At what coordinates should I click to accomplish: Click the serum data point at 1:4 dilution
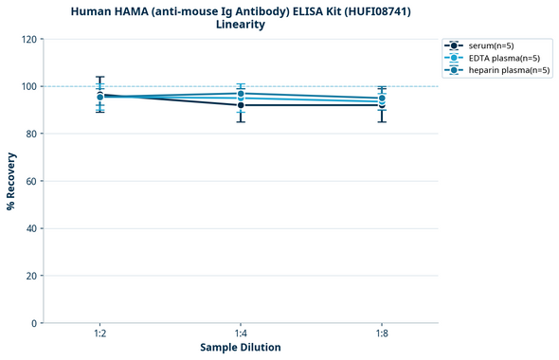tap(241, 105)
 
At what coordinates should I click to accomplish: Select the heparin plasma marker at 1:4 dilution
tap(241, 94)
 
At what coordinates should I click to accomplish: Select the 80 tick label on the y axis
tap(31, 134)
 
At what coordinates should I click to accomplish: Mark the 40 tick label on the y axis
tap(31, 228)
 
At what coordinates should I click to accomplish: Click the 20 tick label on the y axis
tap(31, 276)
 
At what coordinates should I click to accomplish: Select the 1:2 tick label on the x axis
tap(100, 333)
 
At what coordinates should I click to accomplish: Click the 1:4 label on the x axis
tap(241, 333)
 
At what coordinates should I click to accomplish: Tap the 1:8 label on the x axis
tap(382, 333)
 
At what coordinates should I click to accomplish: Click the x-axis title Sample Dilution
tap(241, 348)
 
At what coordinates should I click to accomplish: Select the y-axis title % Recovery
tap(11, 181)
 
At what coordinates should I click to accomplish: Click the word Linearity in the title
tap(241, 25)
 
